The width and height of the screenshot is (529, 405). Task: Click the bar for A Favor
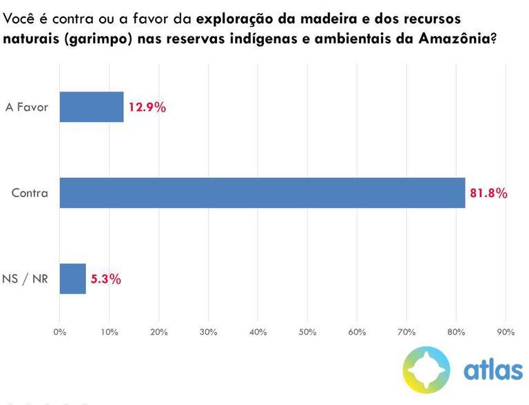pyautogui.click(x=92, y=107)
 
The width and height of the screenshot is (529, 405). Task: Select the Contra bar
pyautogui.click(x=262, y=193)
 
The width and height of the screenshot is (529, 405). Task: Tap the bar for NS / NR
pyautogui.click(x=73, y=279)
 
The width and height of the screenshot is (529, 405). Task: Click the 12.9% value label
pyautogui.click(x=147, y=107)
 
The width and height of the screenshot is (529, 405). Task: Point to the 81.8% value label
pyautogui.click(x=488, y=194)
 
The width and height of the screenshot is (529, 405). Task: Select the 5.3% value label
pyautogui.click(x=105, y=279)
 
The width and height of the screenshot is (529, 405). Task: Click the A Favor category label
pyautogui.click(x=27, y=107)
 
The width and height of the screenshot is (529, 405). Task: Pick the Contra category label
pyautogui.click(x=30, y=194)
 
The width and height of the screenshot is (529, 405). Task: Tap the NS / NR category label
pyautogui.click(x=26, y=280)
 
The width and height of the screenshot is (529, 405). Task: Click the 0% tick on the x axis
pyautogui.click(x=60, y=332)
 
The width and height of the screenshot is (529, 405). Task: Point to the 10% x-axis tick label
pyautogui.click(x=109, y=332)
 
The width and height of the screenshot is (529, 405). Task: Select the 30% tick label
pyautogui.click(x=208, y=332)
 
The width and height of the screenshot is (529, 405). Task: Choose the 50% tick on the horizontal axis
pyautogui.click(x=307, y=332)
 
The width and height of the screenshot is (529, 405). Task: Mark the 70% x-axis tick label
pyautogui.click(x=406, y=332)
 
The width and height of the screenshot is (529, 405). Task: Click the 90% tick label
pyautogui.click(x=506, y=332)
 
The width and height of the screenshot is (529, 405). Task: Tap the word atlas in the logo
pyautogui.click(x=492, y=370)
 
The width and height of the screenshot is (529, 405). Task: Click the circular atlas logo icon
pyautogui.click(x=426, y=369)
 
